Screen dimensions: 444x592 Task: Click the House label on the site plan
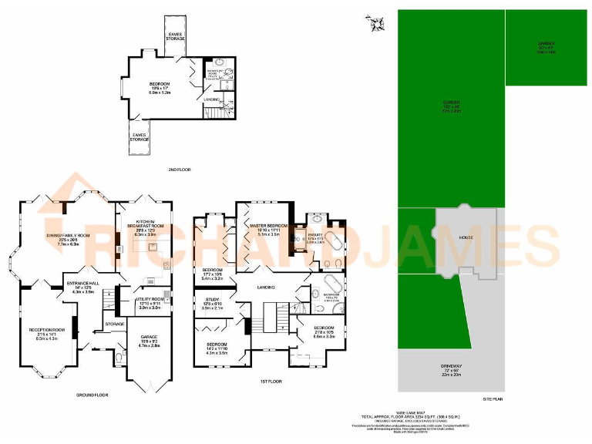[x=467, y=238]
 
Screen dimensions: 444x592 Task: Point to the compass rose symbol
[x=376, y=24]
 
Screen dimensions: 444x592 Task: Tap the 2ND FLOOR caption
[x=179, y=169]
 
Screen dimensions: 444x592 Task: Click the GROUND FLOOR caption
[x=92, y=394]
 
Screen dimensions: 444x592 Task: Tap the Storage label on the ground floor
[x=115, y=324]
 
